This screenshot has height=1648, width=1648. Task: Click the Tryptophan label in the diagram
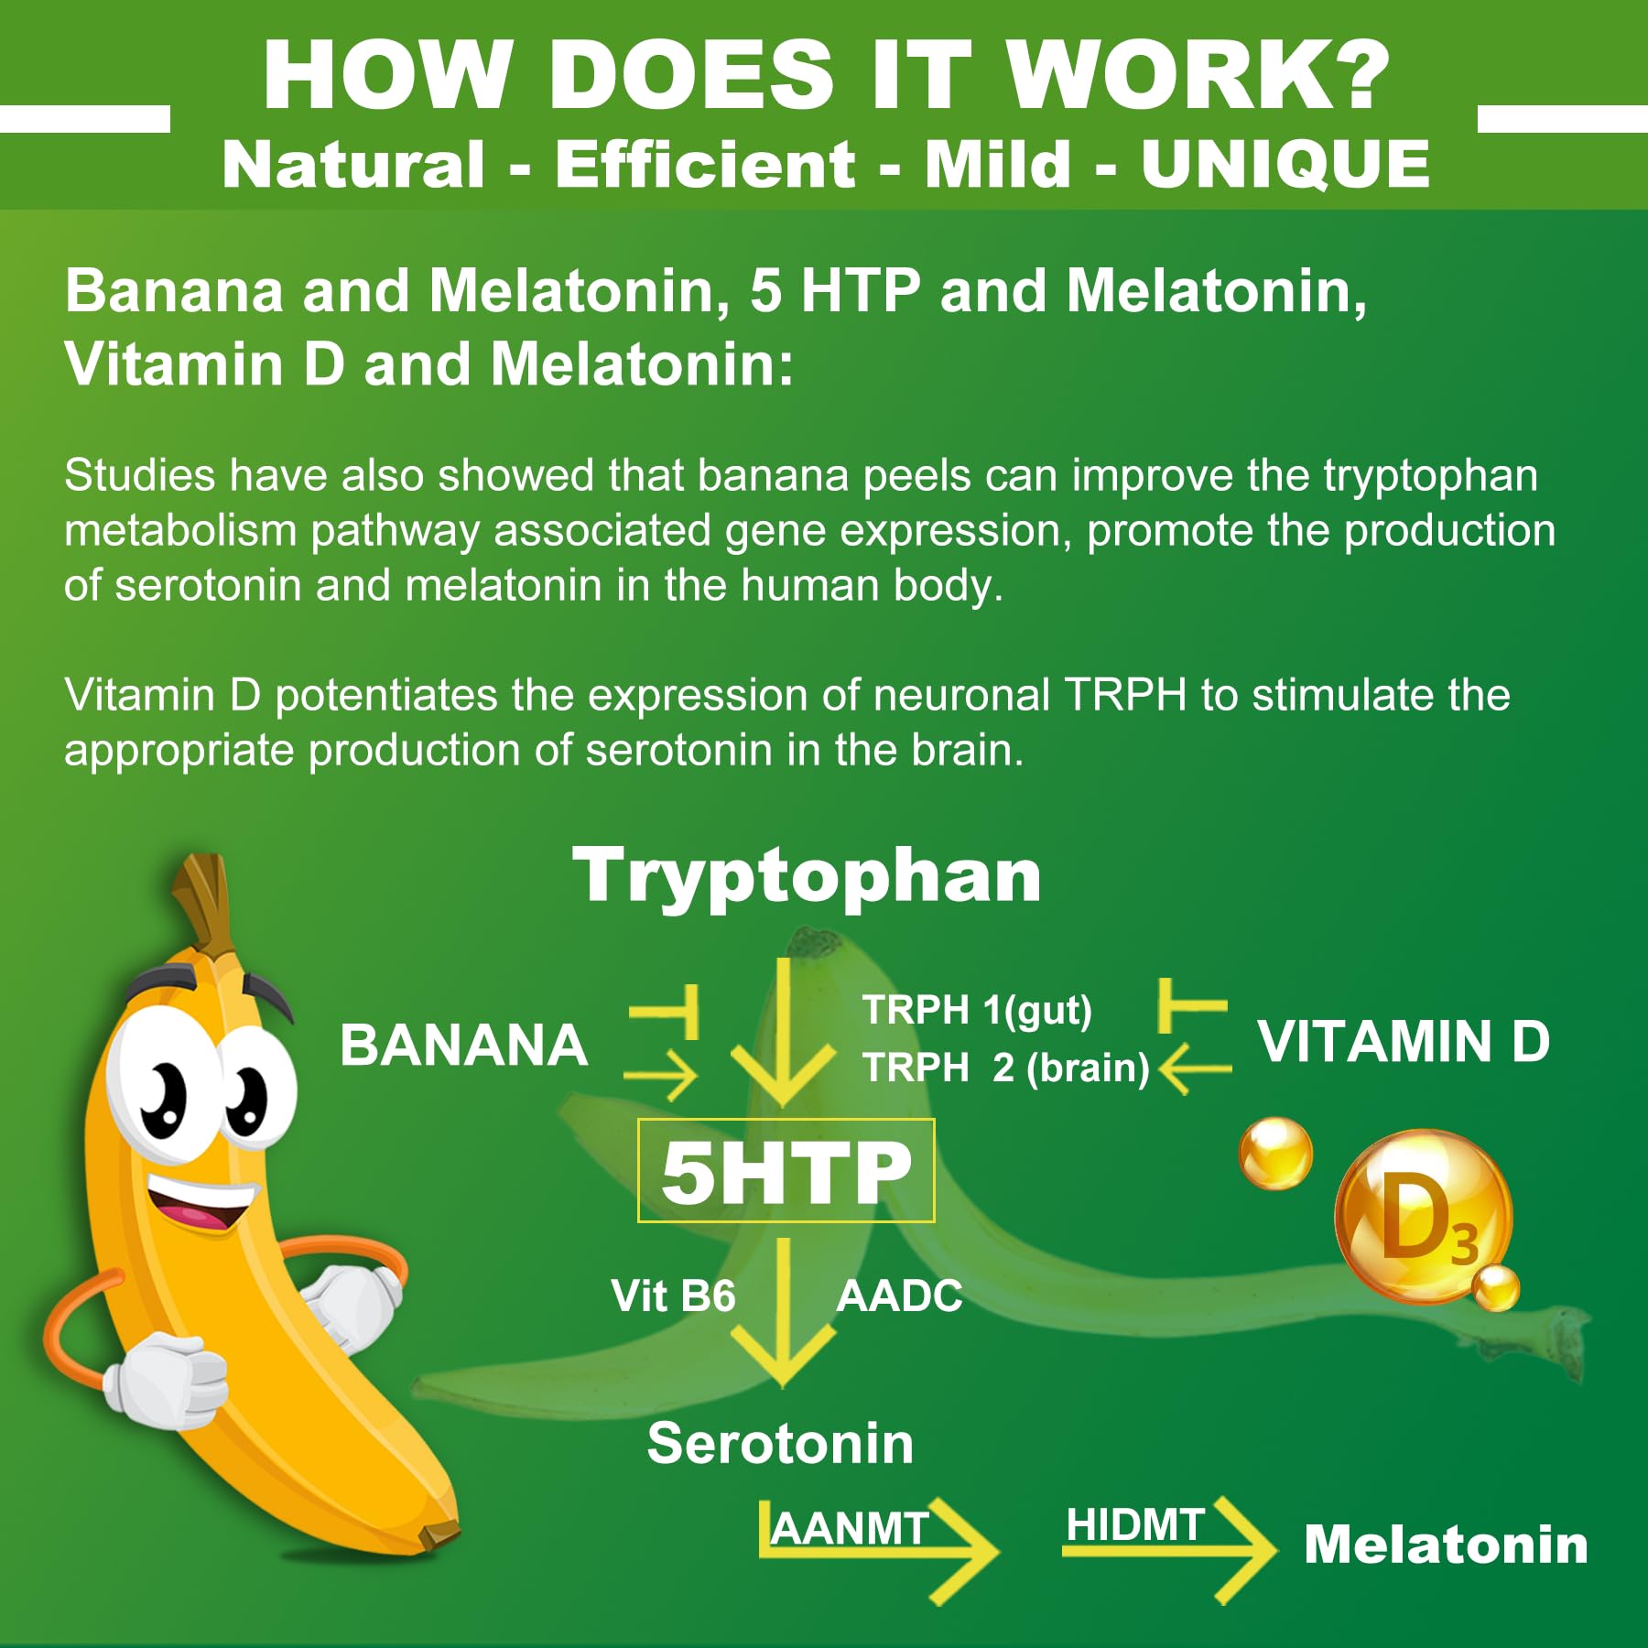point(807,875)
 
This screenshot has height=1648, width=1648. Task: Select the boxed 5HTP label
point(786,1171)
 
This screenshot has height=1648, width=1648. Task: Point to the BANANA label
point(463,1046)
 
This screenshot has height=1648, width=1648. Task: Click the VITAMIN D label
point(1404,1042)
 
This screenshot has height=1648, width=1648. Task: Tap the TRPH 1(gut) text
point(977,1011)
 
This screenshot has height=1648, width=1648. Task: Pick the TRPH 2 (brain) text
point(1005,1068)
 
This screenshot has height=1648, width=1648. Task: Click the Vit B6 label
point(673,1296)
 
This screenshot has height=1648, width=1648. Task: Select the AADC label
point(899,1296)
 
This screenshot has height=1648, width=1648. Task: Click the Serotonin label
point(780,1444)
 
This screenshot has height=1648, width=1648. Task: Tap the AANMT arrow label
point(850,1529)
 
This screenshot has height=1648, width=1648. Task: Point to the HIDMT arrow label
point(1134,1525)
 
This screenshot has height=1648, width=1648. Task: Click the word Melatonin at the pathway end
point(1445,1545)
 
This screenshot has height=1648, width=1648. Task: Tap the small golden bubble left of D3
point(1274,1154)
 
